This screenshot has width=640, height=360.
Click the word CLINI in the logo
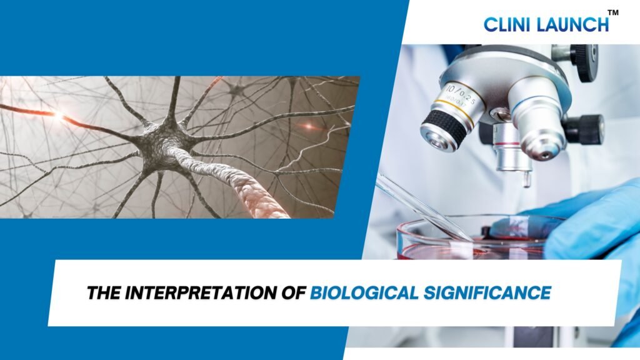pos(507,24)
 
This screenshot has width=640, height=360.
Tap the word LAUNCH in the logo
pos(572,24)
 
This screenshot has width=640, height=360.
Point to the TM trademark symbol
pos(613,12)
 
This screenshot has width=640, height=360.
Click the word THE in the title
pos(104,292)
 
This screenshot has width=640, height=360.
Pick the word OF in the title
pos(294,292)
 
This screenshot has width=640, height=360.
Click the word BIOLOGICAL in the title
pos(364,292)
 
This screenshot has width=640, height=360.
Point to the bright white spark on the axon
pos(59,116)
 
